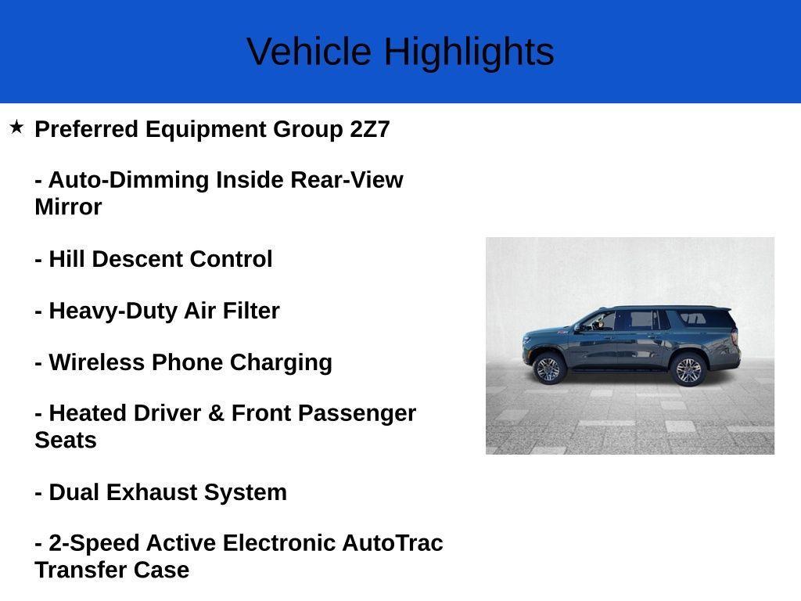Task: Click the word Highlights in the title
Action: (x=469, y=52)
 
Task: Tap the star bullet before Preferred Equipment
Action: (x=16, y=127)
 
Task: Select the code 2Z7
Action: (x=369, y=129)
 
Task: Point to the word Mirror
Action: (x=68, y=207)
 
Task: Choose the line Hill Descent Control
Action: (x=153, y=259)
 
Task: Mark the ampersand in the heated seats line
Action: (x=216, y=413)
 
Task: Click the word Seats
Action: (x=66, y=440)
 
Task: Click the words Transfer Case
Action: (x=112, y=570)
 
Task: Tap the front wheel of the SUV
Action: (x=548, y=368)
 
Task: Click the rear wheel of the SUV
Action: (x=688, y=369)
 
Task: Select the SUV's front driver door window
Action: (x=598, y=321)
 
